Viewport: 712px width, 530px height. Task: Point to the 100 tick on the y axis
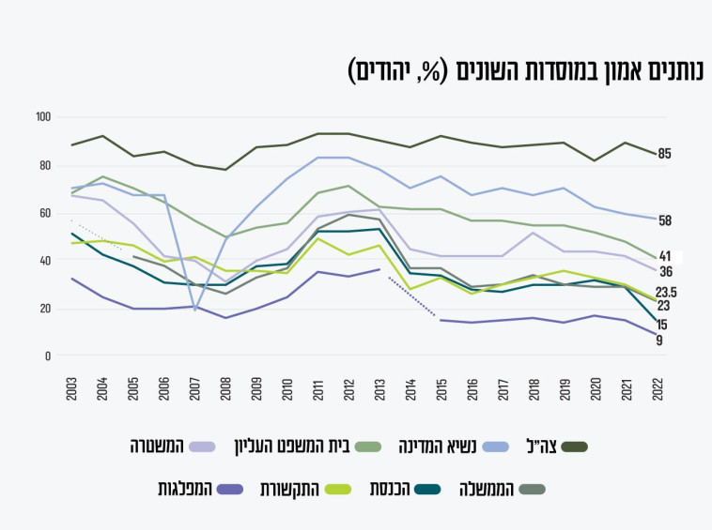pyautogui.click(x=42, y=117)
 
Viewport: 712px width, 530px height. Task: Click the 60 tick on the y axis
pyautogui.click(x=44, y=213)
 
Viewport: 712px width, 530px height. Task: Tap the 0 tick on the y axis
pyautogui.click(x=47, y=356)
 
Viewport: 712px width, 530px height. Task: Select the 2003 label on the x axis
pyautogui.click(x=72, y=389)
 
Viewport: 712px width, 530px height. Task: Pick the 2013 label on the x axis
pyautogui.click(x=379, y=389)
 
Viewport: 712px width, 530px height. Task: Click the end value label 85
pyautogui.click(x=664, y=154)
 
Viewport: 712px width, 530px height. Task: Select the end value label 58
pyautogui.click(x=664, y=221)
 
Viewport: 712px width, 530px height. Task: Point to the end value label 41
pyautogui.click(x=664, y=255)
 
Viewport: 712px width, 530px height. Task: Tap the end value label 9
pyautogui.click(x=659, y=341)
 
